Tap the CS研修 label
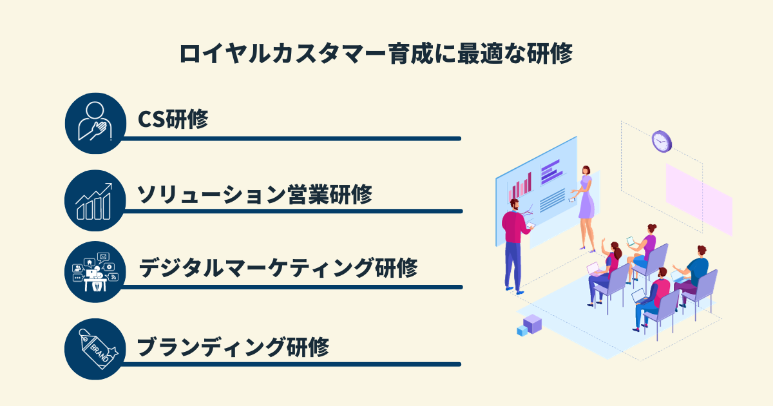(x=173, y=120)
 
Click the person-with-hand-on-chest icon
(x=95, y=122)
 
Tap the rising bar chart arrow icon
(x=95, y=200)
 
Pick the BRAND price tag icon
(x=95, y=349)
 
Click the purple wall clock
(x=661, y=140)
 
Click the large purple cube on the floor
(x=532, y=323)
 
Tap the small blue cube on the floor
(x=522, y=331)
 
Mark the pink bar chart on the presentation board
(x=520, y=186)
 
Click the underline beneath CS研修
(x=290, y=138)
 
